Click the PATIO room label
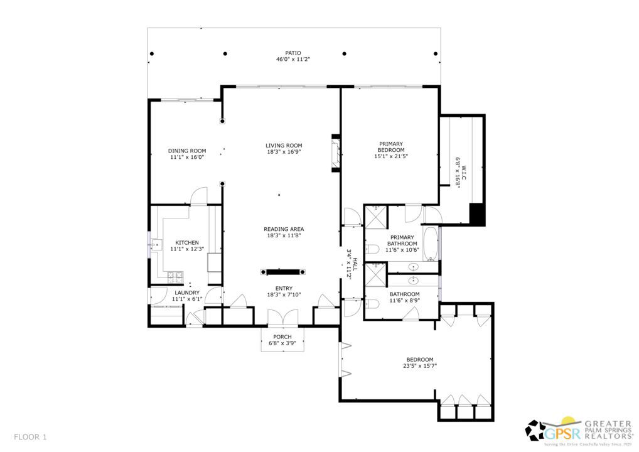[293, 53]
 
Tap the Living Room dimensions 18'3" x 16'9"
[284, 152]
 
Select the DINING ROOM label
[187, 151]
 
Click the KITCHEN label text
[187, 243]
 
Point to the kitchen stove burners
[176, 277]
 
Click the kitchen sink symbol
[156, 245]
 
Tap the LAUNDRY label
[187, 293]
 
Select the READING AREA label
[284, 229]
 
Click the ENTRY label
[284, 289]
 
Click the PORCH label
[282, 337]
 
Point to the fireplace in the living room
[335, 153]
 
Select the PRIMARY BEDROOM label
[391, 147]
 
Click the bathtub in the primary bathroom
[431, 244]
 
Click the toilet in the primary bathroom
[372, 249]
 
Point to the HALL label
[355, 264]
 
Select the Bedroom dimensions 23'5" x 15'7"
[420, 366]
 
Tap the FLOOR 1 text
[30, 438]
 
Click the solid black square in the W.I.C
[477, 213]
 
